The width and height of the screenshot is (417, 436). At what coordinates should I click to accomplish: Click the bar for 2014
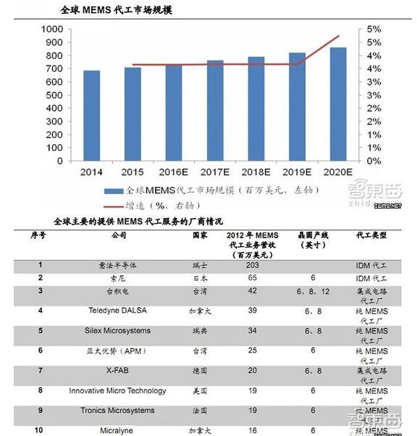point(91,116)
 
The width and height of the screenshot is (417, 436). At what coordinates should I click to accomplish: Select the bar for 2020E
point(338,104)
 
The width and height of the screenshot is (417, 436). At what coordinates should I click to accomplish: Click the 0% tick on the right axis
point(374,161)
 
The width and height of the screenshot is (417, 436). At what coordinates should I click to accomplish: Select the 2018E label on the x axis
point(256,172)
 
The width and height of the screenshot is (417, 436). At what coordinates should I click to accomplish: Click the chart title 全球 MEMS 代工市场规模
point(115,11)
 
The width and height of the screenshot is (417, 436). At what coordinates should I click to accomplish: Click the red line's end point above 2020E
point(338,36)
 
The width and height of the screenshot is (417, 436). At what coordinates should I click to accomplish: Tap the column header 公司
point(119,235)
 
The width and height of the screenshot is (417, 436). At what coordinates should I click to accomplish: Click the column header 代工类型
point(371,235)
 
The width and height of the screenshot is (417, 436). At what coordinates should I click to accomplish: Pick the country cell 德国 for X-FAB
point(199,370)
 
